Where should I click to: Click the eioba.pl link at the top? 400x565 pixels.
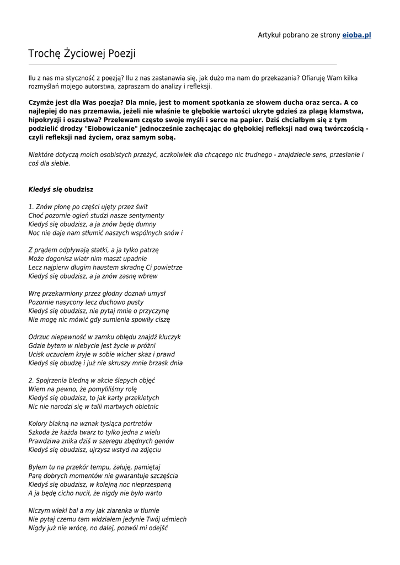356,35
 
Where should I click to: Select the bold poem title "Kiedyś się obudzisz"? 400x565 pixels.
61,189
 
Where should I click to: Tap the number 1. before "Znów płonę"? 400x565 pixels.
31,207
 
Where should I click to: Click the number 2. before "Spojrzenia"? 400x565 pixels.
31,381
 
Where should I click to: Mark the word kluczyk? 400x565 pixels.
169,337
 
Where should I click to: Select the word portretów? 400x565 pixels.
137,424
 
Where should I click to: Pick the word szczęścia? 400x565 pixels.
164,476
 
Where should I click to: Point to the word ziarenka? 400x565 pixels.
113,511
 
